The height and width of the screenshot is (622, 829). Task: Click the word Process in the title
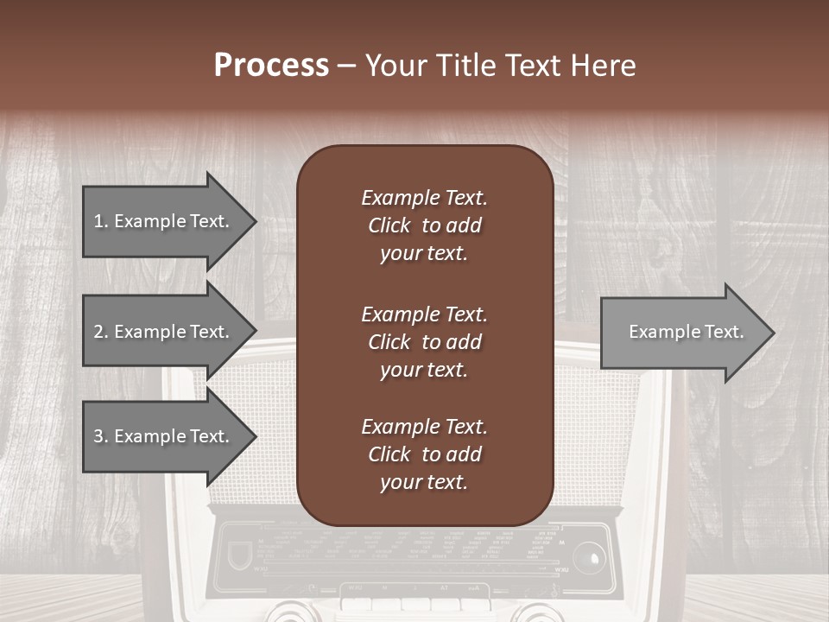[271, 66]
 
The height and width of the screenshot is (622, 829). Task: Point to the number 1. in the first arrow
[101, 221]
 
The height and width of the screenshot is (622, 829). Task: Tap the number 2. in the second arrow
[101, 332]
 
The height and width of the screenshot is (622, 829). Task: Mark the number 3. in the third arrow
[101, 436]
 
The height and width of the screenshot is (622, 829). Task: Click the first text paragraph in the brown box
[424, 225]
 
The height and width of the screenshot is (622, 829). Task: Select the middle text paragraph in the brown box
[424, 342]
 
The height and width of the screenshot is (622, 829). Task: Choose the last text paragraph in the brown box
[424, 454]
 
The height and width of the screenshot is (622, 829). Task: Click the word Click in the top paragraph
[389, 225]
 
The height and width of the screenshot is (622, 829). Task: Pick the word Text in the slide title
[530, 66]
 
